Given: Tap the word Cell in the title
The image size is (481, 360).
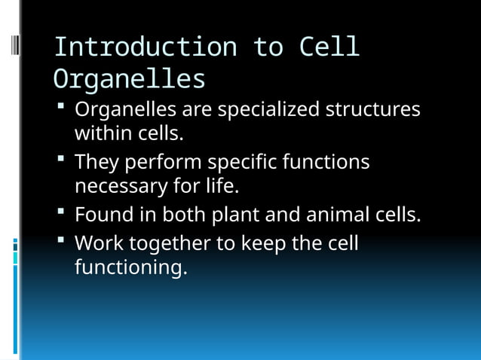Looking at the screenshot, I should [329, 47].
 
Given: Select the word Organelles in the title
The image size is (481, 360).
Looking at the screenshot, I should [129, 79].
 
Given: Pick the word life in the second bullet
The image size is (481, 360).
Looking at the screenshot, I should [223, 185].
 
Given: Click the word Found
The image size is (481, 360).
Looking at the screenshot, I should [102, 215].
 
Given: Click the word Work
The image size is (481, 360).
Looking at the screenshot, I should [99, 243].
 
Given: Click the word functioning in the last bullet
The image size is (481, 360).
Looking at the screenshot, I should [130, 267].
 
